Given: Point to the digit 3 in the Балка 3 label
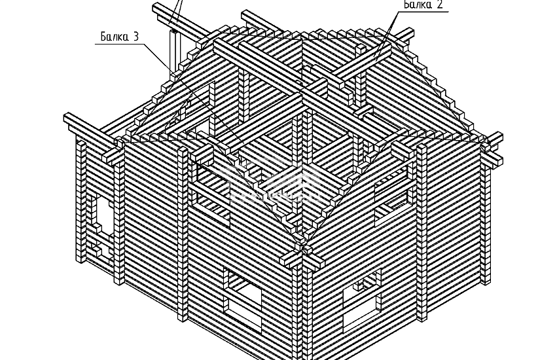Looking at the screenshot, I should coord(135,37).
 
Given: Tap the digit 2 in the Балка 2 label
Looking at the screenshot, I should coord(440,5).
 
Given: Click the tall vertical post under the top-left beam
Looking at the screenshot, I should coord(173,52).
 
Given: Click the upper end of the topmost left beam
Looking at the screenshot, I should coord(158,7).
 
